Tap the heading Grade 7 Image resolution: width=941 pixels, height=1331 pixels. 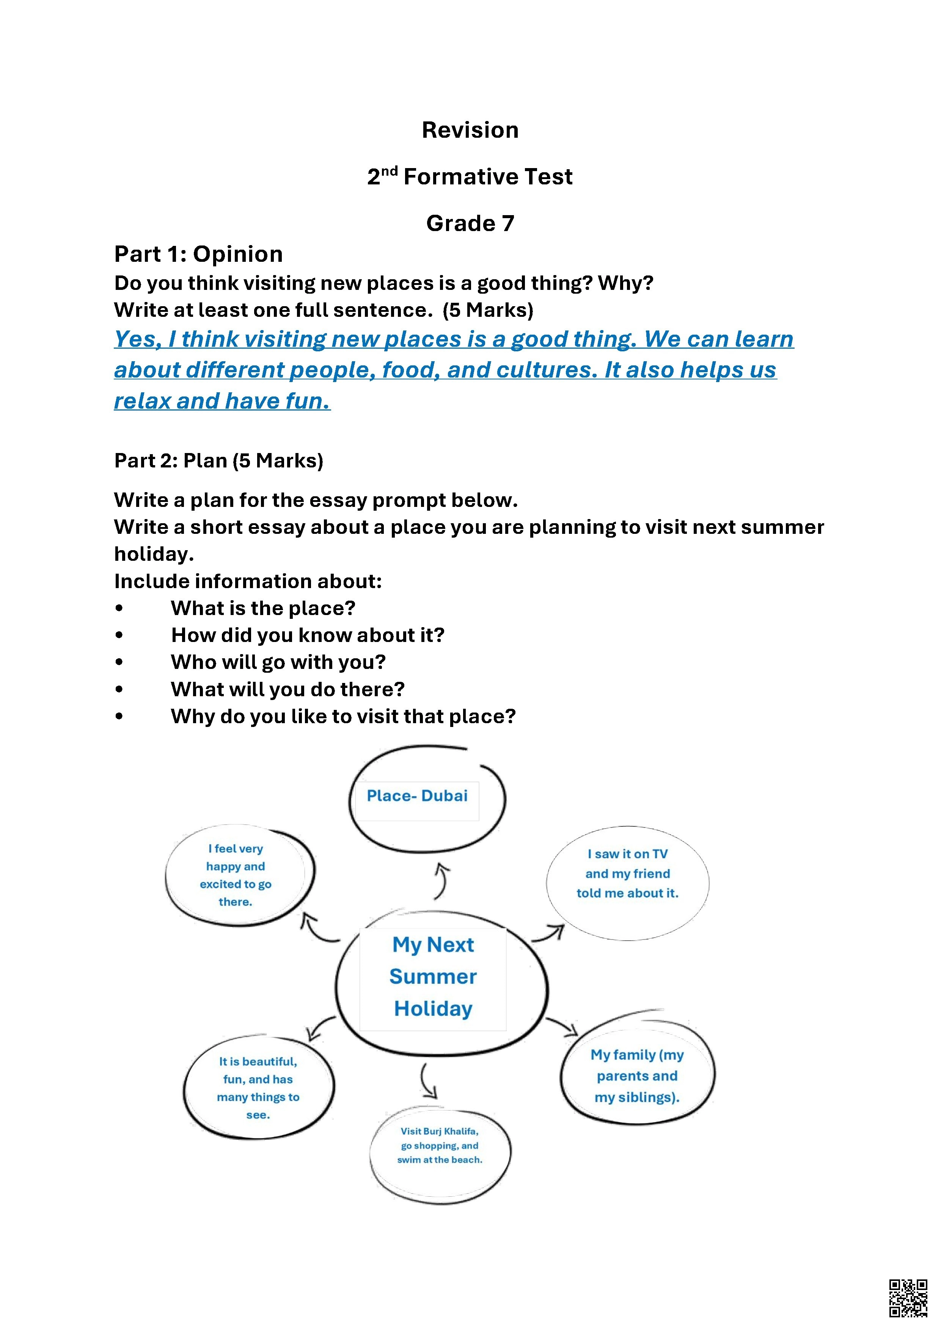(x=470, y=223)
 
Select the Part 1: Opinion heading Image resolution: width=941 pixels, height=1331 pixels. (x=198, y=254)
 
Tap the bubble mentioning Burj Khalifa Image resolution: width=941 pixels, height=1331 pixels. (x=440, y=1145)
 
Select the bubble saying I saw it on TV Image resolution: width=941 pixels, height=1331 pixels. (x=628, y=874)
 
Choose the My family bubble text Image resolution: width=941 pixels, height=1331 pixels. (x=637, y=1076)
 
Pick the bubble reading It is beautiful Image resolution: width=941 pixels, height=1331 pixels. (x=258, y=1088)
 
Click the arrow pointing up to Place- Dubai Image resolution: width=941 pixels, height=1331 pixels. (x=442, y=880)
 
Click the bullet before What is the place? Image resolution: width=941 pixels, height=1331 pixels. (x=119, y=608)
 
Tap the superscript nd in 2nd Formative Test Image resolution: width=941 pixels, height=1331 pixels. (x=390, y=171)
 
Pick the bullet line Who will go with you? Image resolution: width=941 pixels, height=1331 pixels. (x=278, y=662)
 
